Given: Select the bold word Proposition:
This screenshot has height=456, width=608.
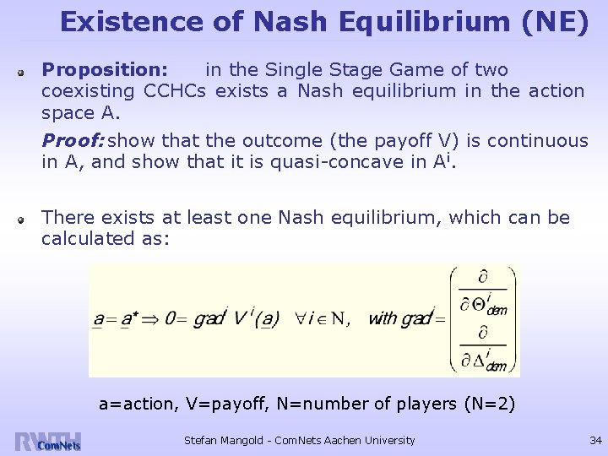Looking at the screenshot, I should [x=105, y=68].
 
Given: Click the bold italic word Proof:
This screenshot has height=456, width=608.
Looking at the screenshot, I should [x=73, y=140].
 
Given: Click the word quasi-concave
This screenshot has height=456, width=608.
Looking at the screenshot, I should [x=321, y=162].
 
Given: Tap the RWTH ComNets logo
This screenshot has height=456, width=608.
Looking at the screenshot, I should [x=47, y=441].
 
